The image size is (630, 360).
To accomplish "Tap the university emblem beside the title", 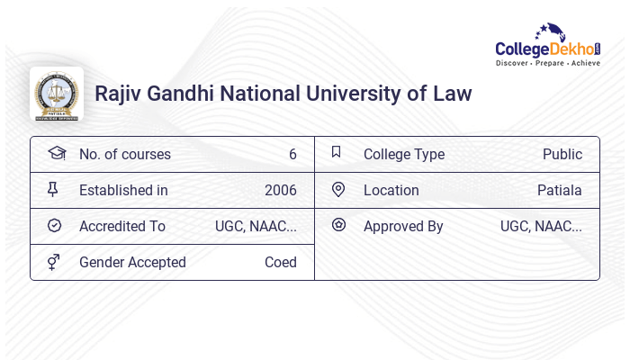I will (57, 94).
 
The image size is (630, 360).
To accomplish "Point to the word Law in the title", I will (451, 94).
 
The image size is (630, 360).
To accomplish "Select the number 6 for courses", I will (292, 155).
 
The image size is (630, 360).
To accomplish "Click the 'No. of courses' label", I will (125, 155).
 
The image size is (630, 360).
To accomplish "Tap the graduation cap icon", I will (56, 153).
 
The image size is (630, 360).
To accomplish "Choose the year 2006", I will (281, 191).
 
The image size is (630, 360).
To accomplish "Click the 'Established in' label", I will (123, 191).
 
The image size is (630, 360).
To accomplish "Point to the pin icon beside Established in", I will (53, 189).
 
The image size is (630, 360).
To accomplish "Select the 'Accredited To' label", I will (122, 227).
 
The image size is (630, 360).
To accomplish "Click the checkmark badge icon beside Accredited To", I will (54, 226).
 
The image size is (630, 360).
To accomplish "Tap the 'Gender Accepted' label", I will (132, 263).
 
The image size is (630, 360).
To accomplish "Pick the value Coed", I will (281, 263).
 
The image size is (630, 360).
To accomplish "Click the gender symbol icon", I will (54, 262).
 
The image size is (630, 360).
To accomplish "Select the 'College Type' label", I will (404, 155).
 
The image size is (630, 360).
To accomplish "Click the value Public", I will (562, 155).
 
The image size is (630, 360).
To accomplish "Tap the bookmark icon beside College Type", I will (337, 152).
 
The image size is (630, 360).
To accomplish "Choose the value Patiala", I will (560, 191).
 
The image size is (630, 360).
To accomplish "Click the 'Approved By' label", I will (403, 227).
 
